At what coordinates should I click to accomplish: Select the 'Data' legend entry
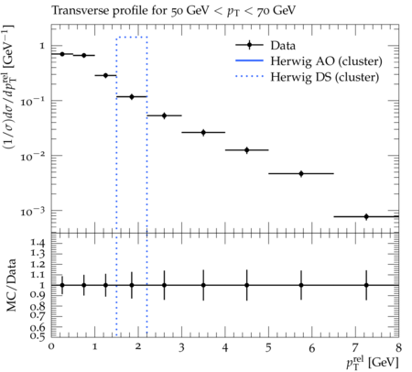pos(266,45)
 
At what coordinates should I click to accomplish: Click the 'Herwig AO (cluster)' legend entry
pos(309,61)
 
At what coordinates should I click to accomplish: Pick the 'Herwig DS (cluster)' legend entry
pos(308,77)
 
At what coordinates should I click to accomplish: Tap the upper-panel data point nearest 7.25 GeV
pos(366,216)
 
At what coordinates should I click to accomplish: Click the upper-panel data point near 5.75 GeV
pos(301,173)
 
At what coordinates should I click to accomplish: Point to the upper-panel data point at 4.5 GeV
pos(247,150)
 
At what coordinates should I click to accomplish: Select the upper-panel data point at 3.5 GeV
pos(203,132)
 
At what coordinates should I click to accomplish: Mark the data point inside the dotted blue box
pos(132,96)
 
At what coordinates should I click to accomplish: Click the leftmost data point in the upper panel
pos(62,54)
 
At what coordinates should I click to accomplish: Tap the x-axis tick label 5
pos(268,347)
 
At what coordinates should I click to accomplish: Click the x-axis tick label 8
pos(398,347)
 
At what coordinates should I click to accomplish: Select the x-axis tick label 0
pos(51,347)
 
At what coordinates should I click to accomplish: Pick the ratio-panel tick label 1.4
pos(38,243)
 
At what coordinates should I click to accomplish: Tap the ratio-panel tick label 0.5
pos(38,335)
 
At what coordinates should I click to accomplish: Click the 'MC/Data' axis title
pos(11,285)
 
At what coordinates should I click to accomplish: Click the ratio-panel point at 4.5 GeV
pos(247,285)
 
